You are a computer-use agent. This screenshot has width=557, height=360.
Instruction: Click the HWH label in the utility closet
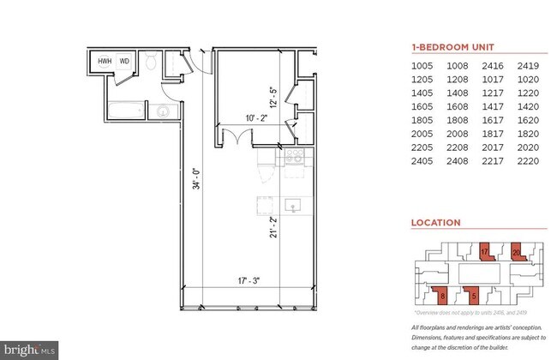(105, 62)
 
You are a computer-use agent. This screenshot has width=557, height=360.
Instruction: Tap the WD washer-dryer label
(124, 62)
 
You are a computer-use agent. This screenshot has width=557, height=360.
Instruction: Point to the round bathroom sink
(160, 111)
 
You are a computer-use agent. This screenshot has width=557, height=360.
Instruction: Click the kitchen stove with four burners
(293, 156)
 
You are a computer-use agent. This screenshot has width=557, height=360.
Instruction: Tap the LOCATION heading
(436, 222)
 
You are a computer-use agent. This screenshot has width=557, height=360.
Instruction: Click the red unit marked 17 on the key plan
(484, 252)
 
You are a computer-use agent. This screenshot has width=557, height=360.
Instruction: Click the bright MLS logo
(31, 350)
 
